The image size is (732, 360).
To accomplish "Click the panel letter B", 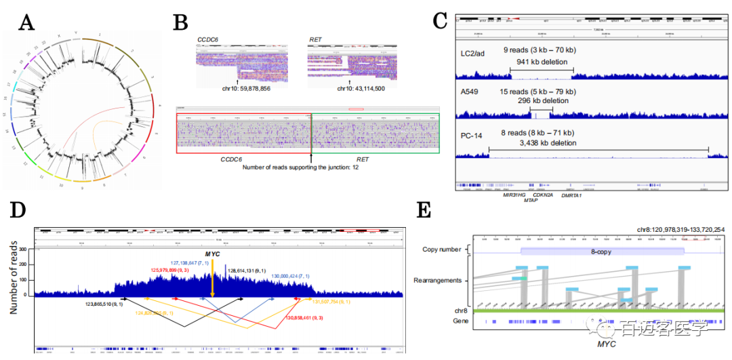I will [x=180, y=23].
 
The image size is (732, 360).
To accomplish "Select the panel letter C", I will [x=440, y=21].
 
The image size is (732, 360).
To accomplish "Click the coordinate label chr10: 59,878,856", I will [x=237, y=88].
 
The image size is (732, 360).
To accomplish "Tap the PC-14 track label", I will [x=471, y=133].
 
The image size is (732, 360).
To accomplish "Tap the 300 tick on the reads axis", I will [x=26, y=250].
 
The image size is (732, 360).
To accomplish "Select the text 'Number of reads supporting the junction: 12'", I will [x=309, y=166].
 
